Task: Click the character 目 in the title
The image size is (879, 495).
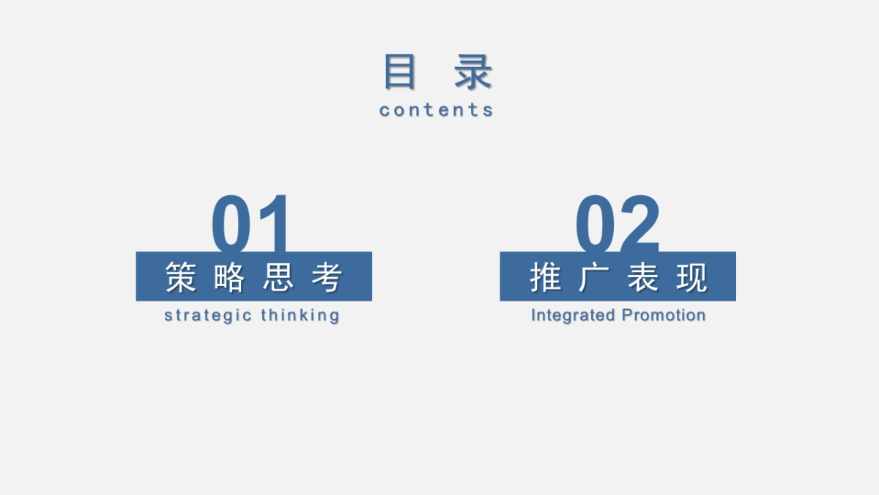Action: click(x=400, y=72)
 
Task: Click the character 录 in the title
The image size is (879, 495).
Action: click(x=473, y=72)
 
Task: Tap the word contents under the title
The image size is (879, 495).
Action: click(x=437, y=110)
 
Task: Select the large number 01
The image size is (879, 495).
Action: click(x=251, y=224)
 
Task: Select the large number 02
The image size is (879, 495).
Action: click(x=617, y=224)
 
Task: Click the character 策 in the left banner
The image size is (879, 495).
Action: click(x=181, y=277)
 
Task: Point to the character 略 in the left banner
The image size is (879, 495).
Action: click(x=229, y=277)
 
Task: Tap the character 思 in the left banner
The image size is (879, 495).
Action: click(x=278, y=277)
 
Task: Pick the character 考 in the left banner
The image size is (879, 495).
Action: click(x=327, y=277)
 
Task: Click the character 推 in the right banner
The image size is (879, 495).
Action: click(x=545, y=277)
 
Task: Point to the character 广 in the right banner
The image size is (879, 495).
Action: click(x=593, y=277)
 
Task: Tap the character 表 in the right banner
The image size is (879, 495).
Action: click(x=642, y=277)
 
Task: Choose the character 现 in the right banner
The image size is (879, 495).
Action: click(x=691, y=277)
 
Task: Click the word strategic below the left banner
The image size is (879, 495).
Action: click(x=208, y=315)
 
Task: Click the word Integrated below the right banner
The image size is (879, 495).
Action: click(x=573, y=315)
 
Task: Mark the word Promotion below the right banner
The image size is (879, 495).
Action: click(x=664, y=315)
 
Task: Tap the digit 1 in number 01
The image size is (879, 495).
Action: click(x=275, y=224)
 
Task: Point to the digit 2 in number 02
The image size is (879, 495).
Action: click(x=639, y=224)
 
